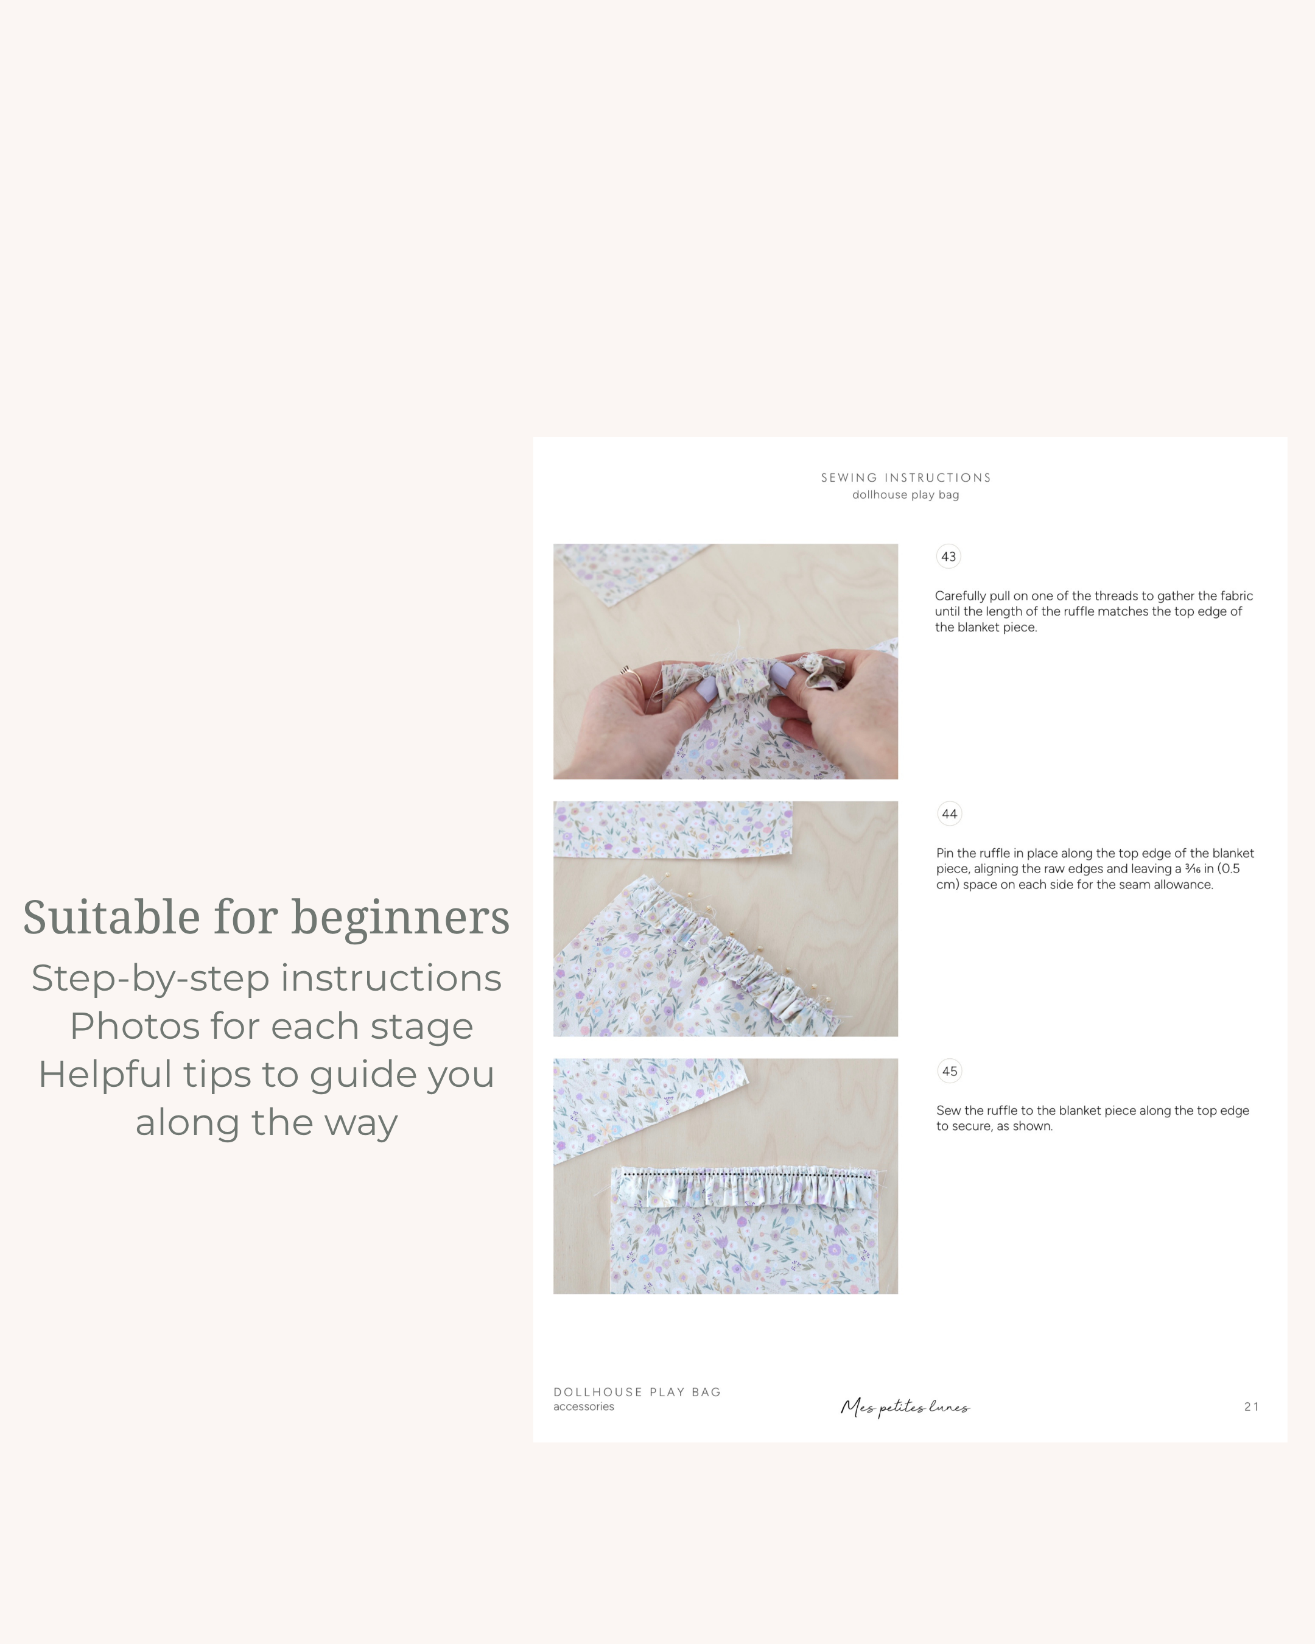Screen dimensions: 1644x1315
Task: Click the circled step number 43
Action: [949, 557]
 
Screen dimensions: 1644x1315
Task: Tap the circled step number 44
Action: [949, 813]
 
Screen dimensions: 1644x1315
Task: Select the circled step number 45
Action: [949, 1072]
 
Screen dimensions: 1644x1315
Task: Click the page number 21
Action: [1251, 1407]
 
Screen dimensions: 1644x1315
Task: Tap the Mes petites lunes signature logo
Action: [905, 1407]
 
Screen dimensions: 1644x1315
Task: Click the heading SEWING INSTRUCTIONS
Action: [906, 478]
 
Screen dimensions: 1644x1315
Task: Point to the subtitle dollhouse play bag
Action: [906, 495]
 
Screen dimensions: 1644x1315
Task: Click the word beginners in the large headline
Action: [399, 918]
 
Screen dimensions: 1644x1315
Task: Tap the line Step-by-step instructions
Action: [266, 978]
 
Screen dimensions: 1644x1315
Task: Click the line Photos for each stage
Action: [272, 1027]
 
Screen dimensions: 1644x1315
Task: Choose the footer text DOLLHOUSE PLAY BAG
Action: [637, 1393]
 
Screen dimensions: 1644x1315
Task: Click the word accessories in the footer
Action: [583, 1407]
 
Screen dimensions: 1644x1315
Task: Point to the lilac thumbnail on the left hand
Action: [707, 690]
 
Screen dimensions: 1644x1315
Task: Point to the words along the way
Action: [266, 1122]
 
